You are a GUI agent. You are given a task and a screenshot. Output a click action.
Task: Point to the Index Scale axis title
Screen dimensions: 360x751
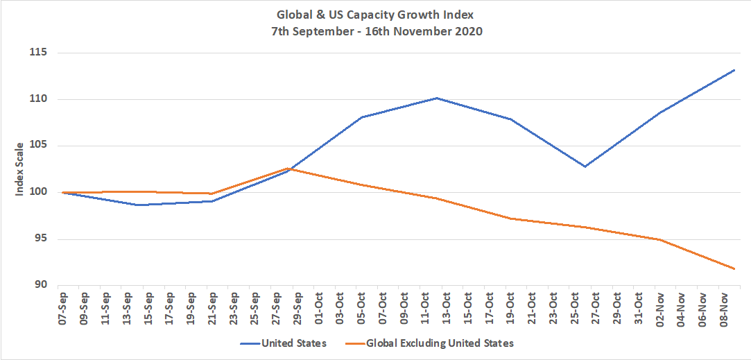click(x=20, y=169)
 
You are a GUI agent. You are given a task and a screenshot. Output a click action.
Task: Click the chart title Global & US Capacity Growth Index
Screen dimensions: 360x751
click(x=375, y=14)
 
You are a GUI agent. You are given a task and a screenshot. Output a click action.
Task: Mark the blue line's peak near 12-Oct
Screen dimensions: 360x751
click(x=437, y=98)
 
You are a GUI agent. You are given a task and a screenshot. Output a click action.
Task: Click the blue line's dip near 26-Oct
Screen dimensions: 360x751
click(x=585, y=166)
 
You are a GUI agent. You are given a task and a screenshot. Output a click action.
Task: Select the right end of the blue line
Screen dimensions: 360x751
click(x=734, y=70)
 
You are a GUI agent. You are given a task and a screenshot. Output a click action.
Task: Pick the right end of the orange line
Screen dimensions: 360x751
click(x=734, y=268)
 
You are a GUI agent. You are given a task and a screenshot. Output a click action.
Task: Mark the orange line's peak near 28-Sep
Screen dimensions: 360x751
click(x=287, y=168)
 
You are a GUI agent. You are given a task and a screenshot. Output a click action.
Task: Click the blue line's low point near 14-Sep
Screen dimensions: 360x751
click(x=139, y=205)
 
